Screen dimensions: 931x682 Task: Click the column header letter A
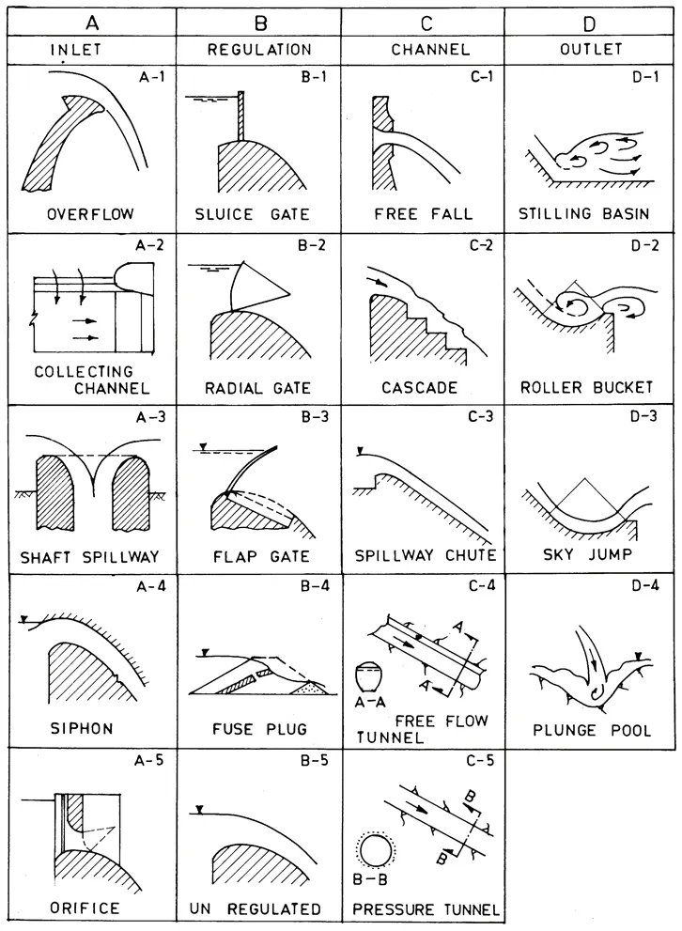91,18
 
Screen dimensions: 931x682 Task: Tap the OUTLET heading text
585,49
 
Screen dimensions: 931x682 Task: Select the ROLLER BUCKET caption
585,387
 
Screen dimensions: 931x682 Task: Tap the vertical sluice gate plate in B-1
241,116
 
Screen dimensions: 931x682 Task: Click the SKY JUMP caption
585,554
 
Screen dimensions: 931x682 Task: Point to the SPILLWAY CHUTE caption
422,554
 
